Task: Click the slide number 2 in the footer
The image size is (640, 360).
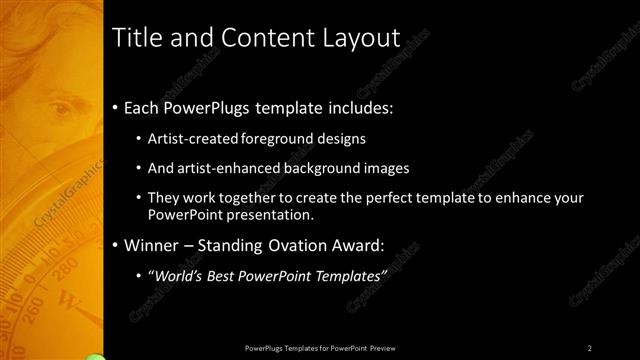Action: (589, 347)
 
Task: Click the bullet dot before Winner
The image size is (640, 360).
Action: (115, 245)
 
